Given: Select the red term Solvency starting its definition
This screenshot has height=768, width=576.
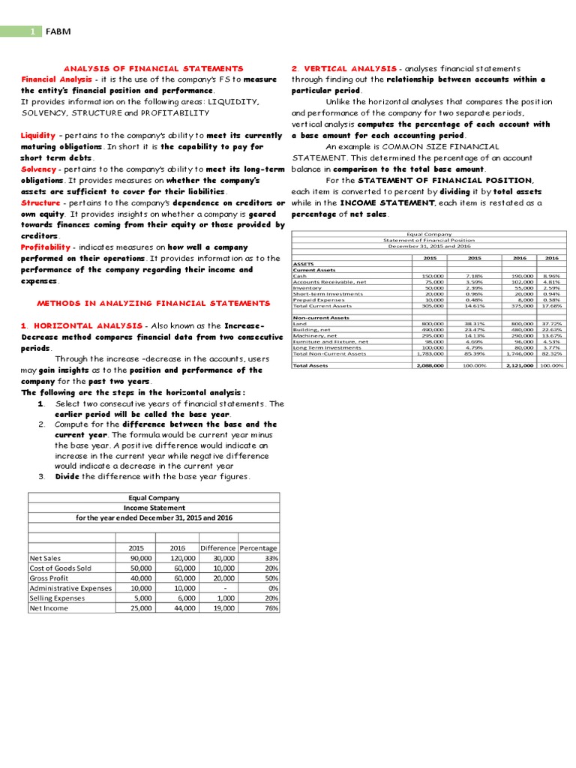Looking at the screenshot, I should point(39,169).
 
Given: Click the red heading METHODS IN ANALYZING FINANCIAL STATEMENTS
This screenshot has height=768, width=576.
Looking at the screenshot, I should point(154,303).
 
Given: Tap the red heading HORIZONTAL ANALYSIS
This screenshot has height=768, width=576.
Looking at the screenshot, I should point(87,325).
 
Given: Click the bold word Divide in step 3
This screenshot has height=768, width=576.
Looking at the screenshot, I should point(67,476).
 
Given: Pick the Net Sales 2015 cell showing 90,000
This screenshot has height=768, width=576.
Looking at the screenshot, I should point(140,559).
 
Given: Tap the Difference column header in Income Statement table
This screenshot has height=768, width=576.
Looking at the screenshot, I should point(217,548).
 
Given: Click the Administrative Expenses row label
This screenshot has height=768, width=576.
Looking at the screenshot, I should point(70,588).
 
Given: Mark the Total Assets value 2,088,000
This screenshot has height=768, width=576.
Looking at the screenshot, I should point(430,365).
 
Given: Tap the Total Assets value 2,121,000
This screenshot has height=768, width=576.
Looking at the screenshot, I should point(519,365).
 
